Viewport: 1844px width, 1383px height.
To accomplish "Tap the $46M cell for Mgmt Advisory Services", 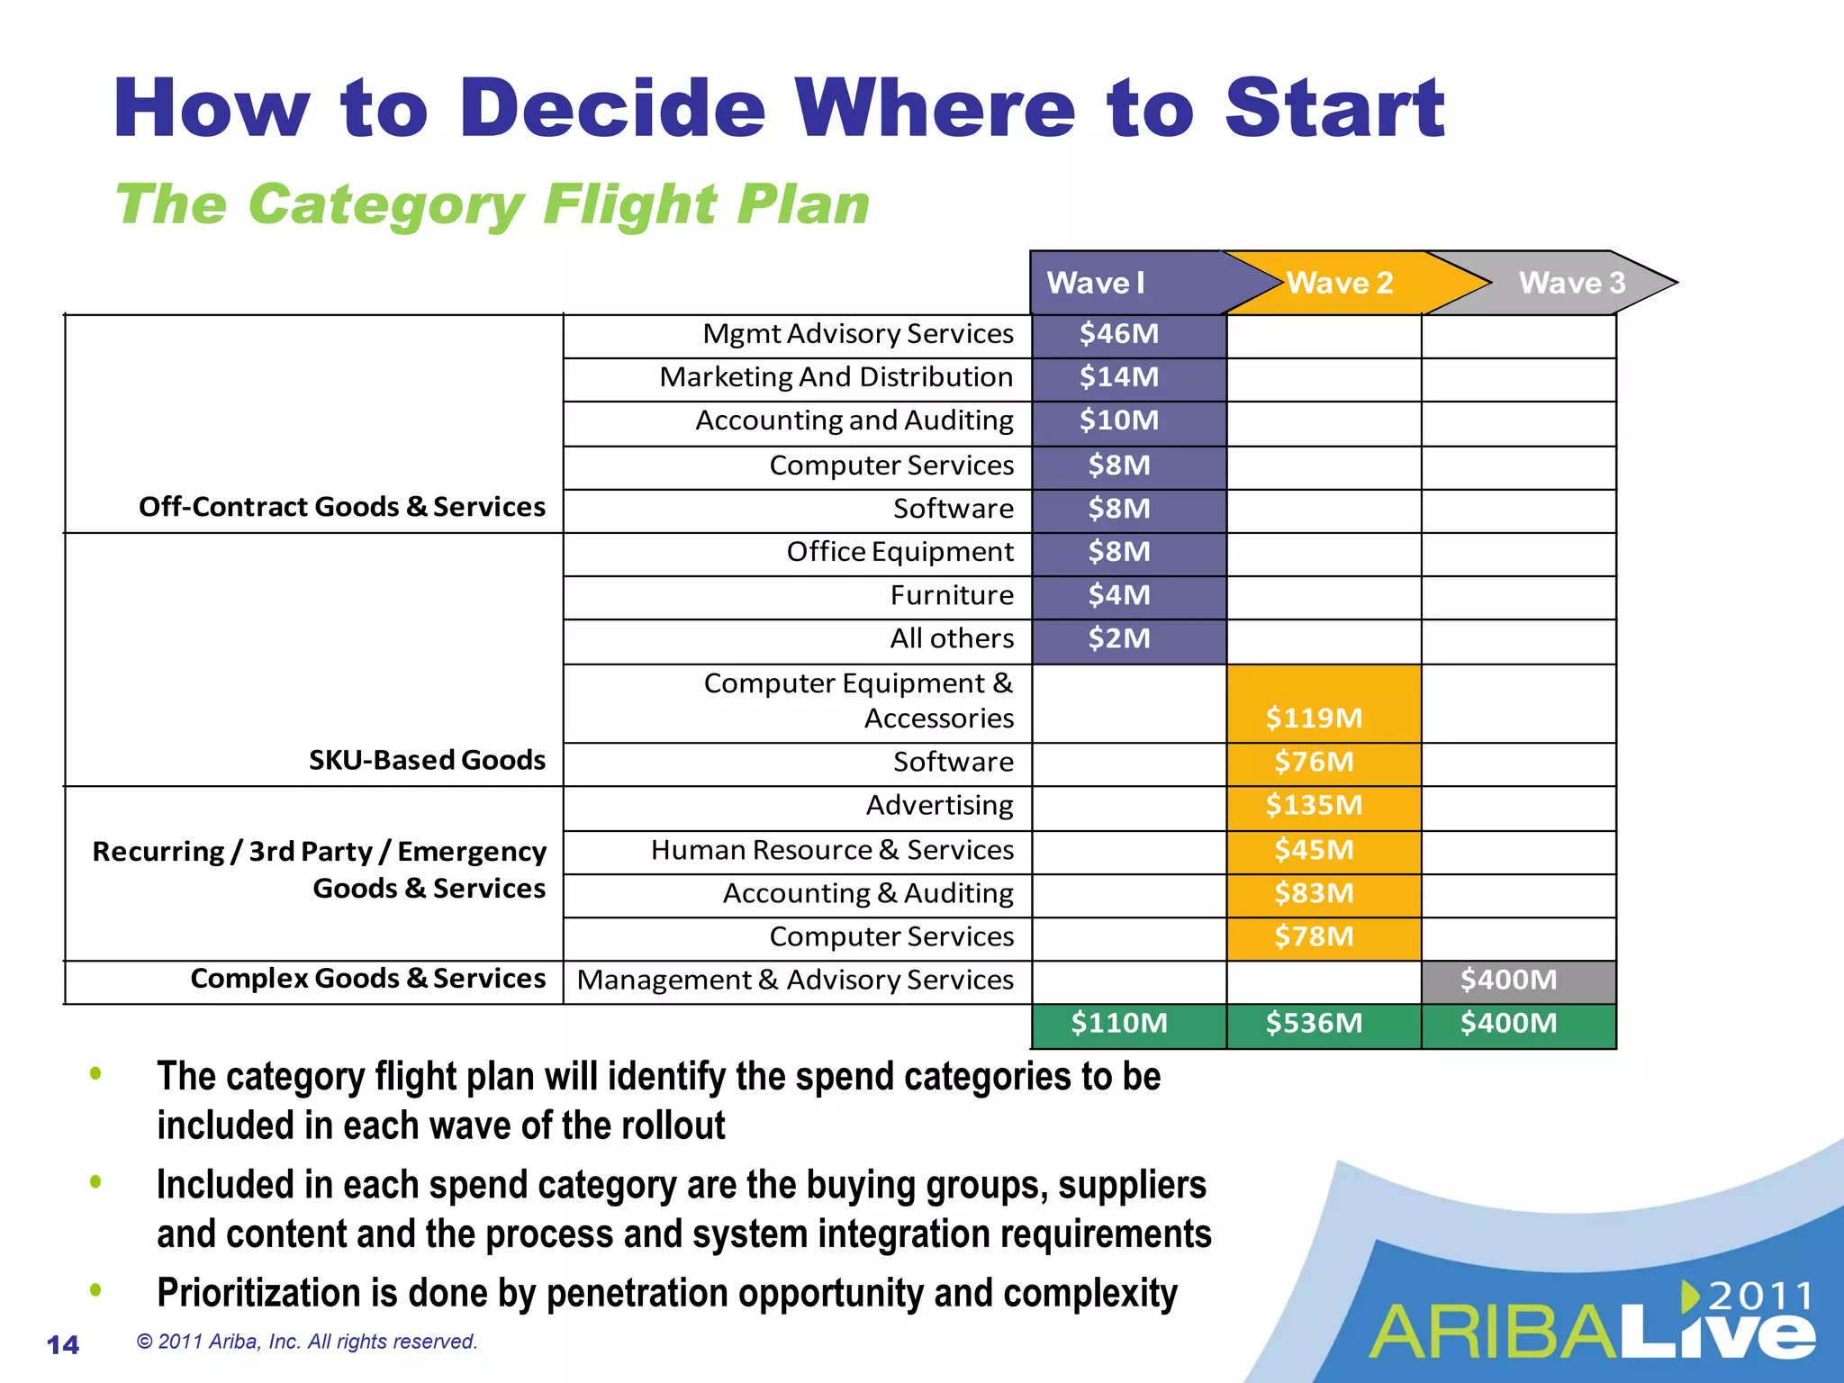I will tap(1119, 334).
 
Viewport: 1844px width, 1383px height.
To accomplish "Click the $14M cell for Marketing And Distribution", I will tap(1119, 377).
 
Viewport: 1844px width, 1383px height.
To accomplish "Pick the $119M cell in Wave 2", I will tap(1314, 718).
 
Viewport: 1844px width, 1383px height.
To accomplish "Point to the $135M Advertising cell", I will tap(1314, 805).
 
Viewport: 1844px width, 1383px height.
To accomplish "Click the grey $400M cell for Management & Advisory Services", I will tap(1508, 980).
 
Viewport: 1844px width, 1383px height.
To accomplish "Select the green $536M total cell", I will tap(1314, 1024).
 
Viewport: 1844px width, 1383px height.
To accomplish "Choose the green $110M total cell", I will tap(1119, 1024).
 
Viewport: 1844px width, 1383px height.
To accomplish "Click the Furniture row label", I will tap(952, 595).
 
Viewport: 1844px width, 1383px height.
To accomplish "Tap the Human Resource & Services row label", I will tap(832, 850).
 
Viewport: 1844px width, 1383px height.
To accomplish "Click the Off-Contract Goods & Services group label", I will tap(342, 507).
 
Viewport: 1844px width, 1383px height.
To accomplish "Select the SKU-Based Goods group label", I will tap(427, 760).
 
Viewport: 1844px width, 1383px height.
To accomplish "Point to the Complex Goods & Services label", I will tap(368, 979).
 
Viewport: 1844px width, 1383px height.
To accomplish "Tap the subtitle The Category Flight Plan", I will tap(493, 204).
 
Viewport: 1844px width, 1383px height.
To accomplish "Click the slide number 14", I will tap(63, 1345).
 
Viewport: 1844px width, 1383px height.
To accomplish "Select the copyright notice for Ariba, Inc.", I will tap(307, 1342).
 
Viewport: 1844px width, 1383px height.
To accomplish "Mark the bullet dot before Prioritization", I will tap(95, 1290).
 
